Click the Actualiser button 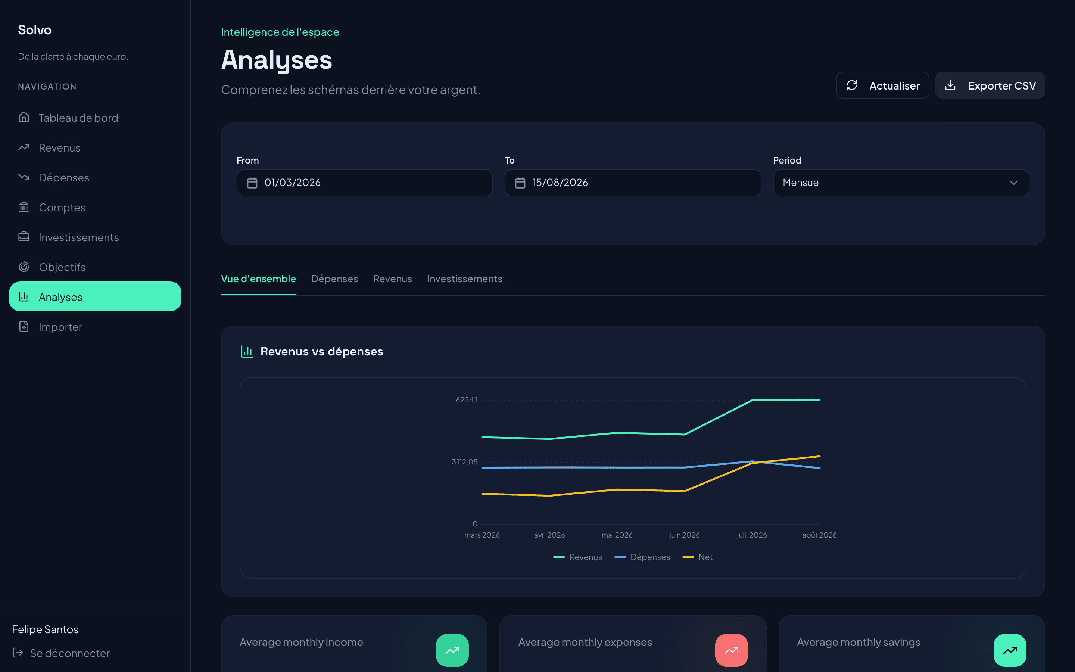pos(882,85)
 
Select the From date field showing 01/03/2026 pos(364,183)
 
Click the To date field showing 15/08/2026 pos(633,183)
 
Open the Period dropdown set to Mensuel pos(901,183)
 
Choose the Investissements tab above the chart pos(465,279)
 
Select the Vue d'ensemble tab pos(259,279)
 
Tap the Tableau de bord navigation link pos(78,118)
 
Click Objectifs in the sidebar pos(62,267)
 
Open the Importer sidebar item pos(60,327)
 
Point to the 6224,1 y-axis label pos(467,400)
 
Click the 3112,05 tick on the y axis pos(465,462)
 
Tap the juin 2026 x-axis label pos(684,535)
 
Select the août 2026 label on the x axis pos(819,535)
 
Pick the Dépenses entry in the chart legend pos(642,557)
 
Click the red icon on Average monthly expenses pos(731,650)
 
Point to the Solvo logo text pos(35,30)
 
